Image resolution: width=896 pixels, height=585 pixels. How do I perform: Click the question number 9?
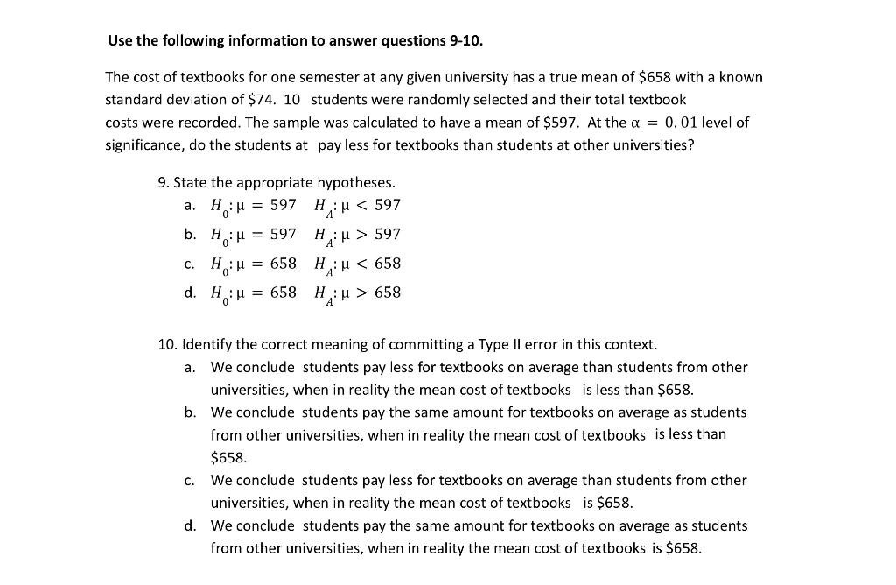[164, 183]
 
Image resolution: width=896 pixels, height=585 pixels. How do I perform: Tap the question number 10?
[167, 345]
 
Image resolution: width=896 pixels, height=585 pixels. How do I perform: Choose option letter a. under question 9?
[190, 205]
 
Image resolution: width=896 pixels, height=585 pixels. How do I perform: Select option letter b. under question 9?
[190, 234]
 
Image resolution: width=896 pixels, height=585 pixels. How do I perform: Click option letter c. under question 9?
[190, 264]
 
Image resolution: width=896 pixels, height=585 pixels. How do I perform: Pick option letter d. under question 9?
[190, 292]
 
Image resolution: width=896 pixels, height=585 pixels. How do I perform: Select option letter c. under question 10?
[190, 480]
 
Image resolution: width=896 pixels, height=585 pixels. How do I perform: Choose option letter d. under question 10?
[190, 525]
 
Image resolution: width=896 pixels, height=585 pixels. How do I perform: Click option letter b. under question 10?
[190, 412]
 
